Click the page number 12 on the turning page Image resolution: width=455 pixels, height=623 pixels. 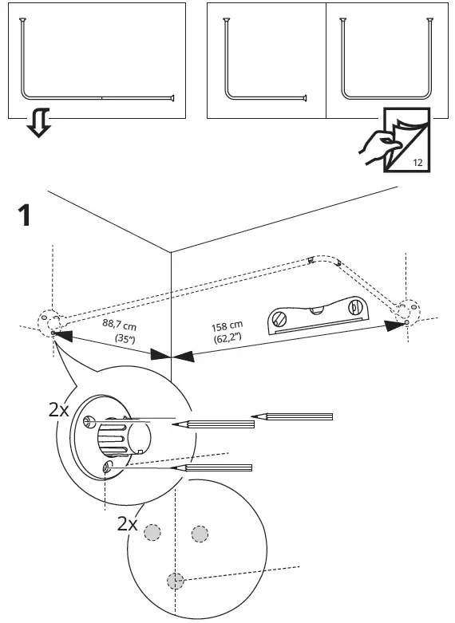(x=418, y=162)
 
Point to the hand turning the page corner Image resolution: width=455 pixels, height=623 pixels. (x=376, y=148)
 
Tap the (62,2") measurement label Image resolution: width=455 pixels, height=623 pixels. (x=229, y=338)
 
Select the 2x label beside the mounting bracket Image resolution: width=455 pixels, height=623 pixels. (x=59, y=410)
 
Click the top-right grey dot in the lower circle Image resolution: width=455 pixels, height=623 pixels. (x=199, y=533)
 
